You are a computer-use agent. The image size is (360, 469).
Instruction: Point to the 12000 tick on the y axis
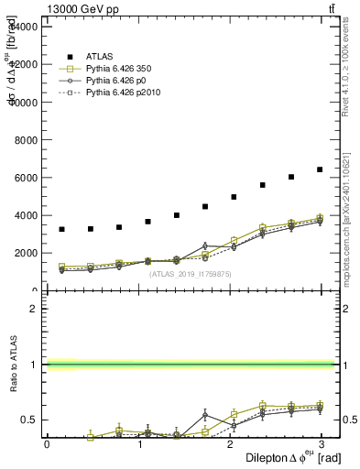pyautogui.click(x=23, y=65)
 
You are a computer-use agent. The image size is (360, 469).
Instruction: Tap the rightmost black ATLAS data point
pyautogui.click(x=320, y=169)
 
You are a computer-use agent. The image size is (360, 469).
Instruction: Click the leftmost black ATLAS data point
pyautogui.click(x=61, y=229)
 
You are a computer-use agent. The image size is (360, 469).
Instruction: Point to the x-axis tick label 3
pyautogui.click(x=322, y=444)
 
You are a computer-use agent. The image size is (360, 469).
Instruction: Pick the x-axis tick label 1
pyautogui.click(x=138, y=444)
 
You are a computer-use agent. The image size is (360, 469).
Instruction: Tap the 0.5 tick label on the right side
pyautogui.click(x=348, y=420)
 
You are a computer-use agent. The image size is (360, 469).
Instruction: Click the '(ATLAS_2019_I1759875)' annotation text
pyautogui.click(x=191, y=273)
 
